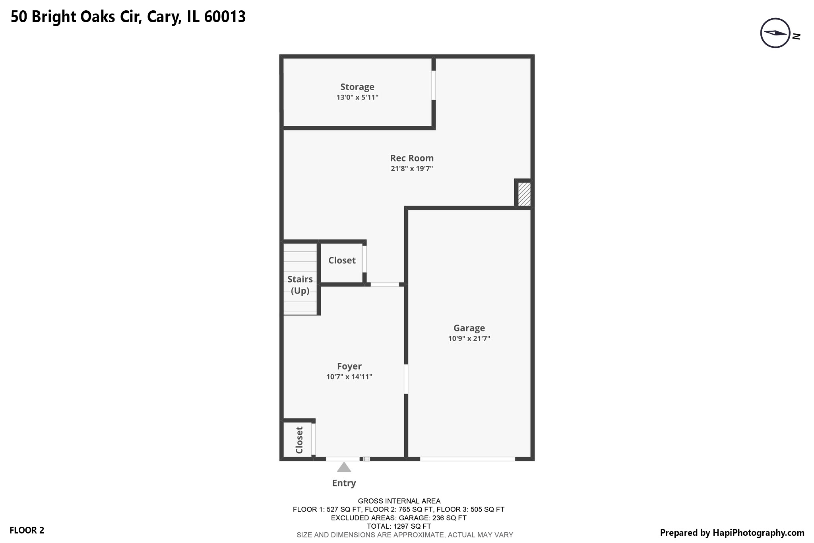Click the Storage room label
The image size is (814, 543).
click(357, 87)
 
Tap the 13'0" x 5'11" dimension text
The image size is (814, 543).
click(357, 97)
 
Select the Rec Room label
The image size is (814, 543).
click(412, 158)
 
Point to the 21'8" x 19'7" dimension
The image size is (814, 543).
click(412, 169)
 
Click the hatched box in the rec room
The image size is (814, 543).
click(524, 194)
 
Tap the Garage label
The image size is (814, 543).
click(469, 328)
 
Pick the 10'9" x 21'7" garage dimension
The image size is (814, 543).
click(469, 339)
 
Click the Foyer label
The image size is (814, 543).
click(349, 366)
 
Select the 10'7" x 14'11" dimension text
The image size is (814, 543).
click(349, 377)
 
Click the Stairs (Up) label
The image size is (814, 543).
click(300, 285)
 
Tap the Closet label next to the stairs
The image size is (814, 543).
click(342, 261)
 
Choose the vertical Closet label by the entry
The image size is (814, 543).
click(299, 440)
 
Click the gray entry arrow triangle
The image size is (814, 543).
click(344, 467)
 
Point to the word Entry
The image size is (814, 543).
click(344, 483)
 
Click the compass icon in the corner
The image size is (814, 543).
click(775, 33)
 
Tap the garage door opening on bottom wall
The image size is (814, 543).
click(467, 459)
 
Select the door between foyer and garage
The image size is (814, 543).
click(406, 379)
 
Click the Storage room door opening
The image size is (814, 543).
click(434, 85)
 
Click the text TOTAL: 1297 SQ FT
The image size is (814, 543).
click(399, 526)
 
